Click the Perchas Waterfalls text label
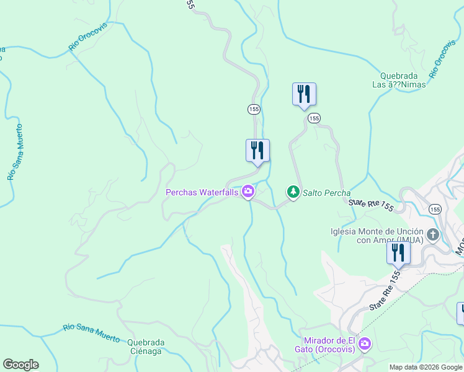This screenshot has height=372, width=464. tap(201, 193)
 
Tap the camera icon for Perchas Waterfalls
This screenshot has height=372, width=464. tap(248, 192)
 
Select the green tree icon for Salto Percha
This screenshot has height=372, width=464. tap(292, 193)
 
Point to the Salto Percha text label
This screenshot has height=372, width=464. tap(326, 193)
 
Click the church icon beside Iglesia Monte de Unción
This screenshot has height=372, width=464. tap(433, 234)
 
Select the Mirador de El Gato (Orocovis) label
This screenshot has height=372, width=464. tap(329, 344)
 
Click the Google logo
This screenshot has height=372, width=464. tap(20, 365)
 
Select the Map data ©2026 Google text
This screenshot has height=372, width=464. tap(426, 367)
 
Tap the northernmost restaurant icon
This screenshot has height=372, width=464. tap(304, 94)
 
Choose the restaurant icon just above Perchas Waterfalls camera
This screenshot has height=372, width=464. tap(257, 151)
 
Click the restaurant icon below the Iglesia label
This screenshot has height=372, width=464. tap(398, 252)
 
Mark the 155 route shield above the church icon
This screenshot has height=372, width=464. tap(435, 210)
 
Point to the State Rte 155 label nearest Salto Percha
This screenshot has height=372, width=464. tap(370, 203)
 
